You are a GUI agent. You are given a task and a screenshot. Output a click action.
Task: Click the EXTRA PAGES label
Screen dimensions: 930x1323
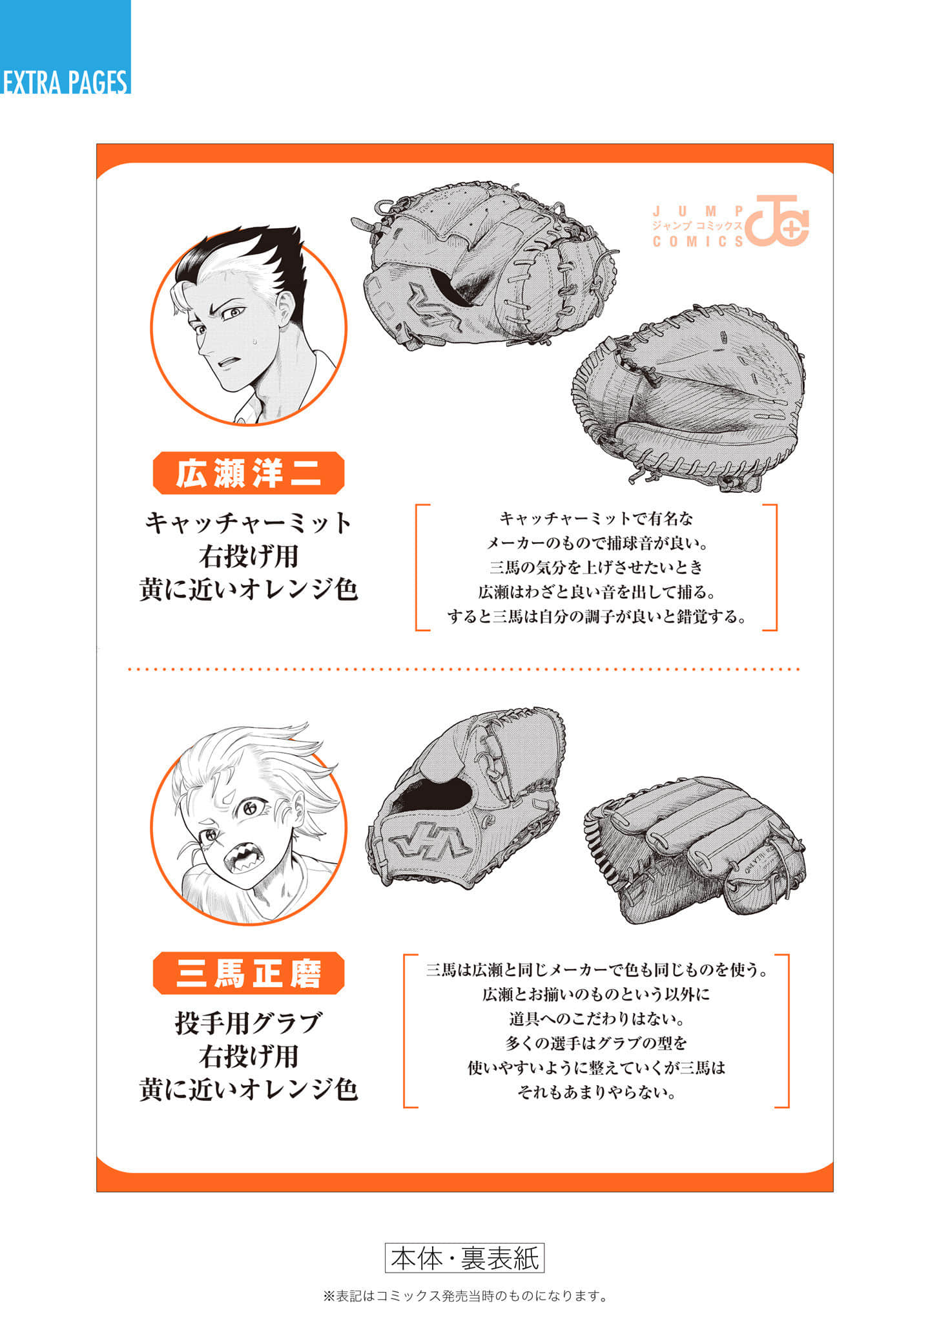pos(65,82)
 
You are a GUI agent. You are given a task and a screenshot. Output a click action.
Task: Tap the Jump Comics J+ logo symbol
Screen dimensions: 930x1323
pos(777,220)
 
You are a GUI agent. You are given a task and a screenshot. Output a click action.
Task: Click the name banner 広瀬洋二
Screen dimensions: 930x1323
pos(249,473)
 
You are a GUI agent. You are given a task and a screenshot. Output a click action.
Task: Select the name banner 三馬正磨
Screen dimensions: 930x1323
pos(249,973)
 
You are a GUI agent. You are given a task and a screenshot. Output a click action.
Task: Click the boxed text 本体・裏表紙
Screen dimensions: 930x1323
pos(465,1258)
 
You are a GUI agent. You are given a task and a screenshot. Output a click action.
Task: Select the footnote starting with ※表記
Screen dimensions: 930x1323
pos(465,1296)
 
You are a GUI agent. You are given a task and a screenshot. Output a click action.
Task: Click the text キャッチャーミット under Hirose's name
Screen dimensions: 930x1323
pos(249,523)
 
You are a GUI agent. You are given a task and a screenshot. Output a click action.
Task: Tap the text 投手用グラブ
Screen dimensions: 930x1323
pos(249,1023)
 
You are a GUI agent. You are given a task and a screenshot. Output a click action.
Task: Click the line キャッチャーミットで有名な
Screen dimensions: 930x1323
pos(596,518)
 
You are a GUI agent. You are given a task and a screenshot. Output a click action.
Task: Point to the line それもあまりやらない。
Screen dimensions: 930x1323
pos(596,1092)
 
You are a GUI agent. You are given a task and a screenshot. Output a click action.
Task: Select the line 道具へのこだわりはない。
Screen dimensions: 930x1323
pos(596,1019)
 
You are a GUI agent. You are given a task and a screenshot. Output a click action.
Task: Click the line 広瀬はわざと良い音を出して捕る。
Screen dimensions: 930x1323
pos(596,592)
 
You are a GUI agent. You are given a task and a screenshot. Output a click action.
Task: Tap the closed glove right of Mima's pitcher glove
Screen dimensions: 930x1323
pos(695,850)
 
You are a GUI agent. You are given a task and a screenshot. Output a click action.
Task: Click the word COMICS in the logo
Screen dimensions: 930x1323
pos(697,242)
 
